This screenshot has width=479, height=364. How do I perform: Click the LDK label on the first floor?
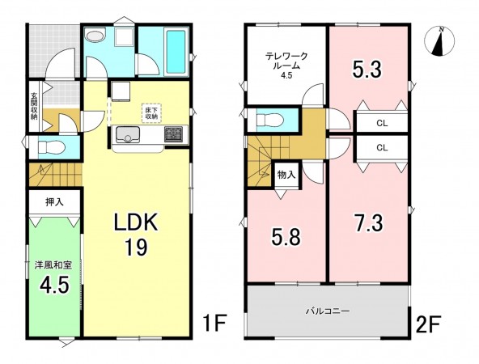click(136, 222)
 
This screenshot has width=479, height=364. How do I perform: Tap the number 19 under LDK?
click(136, 247)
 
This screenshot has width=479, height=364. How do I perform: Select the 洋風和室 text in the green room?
click(53, 265)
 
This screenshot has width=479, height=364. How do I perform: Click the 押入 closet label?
click(55, 202)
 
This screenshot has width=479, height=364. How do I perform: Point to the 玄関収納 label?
click(34, 105)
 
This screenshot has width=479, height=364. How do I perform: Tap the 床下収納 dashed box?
click(151, 112)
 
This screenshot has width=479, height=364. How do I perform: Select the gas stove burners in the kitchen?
click(173, 134)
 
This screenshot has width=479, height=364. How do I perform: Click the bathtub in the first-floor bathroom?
click(176, 52)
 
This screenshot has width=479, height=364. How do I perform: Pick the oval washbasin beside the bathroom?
click(95, 36)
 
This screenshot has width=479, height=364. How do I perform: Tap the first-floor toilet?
click(51, 148)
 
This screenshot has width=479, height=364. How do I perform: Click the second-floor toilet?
click(271, 119)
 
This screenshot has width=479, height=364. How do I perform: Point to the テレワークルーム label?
click(286, 66)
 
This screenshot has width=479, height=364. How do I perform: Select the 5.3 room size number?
click(367, 70)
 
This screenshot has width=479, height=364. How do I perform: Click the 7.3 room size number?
click(368, 223)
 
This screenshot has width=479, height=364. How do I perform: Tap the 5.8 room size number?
click(286, 237)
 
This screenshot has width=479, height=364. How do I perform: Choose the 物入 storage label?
click(286, 175)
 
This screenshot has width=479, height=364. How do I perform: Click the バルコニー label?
click(328, 311)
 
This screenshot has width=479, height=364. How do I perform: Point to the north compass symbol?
click(439, 41)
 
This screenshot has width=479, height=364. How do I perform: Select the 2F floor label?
click(428, 324)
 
